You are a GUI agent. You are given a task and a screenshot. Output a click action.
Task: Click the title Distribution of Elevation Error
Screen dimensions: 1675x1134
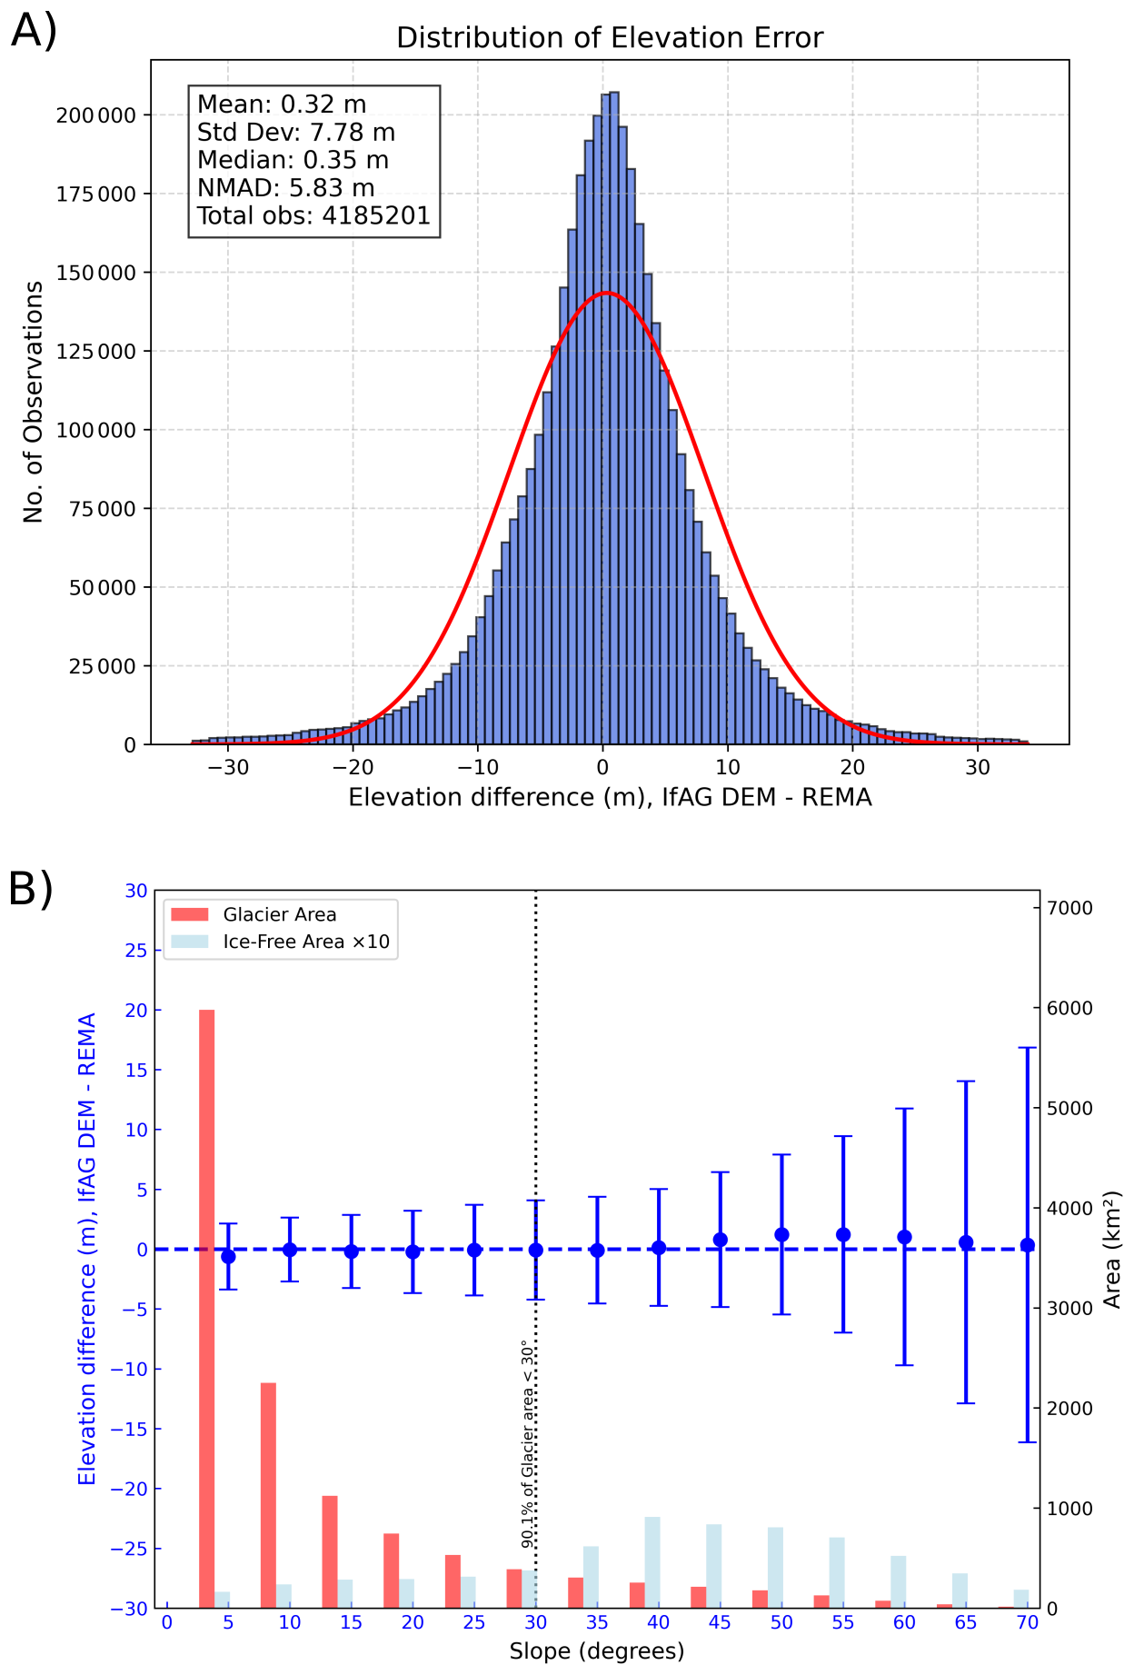click(x=610, y=38)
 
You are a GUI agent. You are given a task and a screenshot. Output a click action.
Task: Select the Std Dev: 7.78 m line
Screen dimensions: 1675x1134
click(x=296, y=133)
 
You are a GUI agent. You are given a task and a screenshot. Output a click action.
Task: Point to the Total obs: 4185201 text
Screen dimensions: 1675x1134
click(x=313, y=216)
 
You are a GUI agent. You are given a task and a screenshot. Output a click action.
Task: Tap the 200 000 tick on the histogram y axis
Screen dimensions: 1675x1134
click(x=96, y=115)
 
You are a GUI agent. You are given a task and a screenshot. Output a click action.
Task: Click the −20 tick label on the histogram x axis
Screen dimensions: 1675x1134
click(x=353, y=767)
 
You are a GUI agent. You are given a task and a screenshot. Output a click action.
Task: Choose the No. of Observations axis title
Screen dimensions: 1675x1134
click(x=34, y=402)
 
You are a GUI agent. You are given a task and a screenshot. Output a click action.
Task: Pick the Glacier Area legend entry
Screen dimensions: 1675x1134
click(x=279, y=914)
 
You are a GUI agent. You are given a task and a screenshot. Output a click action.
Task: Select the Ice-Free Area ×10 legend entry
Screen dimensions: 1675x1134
click(x=306, y=942)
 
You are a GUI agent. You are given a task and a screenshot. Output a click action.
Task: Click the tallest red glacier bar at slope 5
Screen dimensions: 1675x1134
click(x=207, y=1309)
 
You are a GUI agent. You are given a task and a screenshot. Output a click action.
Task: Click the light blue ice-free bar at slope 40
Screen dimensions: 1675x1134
click(x=652, y=1562)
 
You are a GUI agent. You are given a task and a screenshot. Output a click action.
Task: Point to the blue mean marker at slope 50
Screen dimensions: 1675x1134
click(x=781, y=1234)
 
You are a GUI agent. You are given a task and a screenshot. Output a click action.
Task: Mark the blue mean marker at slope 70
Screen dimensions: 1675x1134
click(x=1028, y=1245)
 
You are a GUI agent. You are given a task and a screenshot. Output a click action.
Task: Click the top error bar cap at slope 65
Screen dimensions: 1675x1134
click(x=966, y=1082)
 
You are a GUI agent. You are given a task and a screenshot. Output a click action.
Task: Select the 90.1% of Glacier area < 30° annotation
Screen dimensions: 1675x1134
click(x=526, y=1443)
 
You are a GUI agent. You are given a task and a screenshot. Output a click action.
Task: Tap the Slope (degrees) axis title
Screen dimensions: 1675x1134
click(x=597, y=1650)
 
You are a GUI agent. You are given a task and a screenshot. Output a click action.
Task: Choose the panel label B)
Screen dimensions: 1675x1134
click(x=31, y=890)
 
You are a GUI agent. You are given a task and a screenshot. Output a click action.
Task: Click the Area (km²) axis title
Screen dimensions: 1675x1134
click(x=1113, y=1250)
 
